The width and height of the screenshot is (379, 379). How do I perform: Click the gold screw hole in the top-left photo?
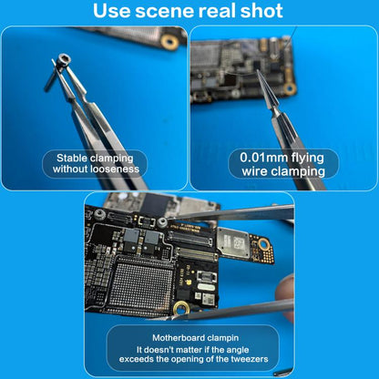click(169, 42)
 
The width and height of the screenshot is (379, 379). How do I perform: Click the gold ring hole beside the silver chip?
click(265, 243)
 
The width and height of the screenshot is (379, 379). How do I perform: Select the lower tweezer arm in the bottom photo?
click(246, 310)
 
